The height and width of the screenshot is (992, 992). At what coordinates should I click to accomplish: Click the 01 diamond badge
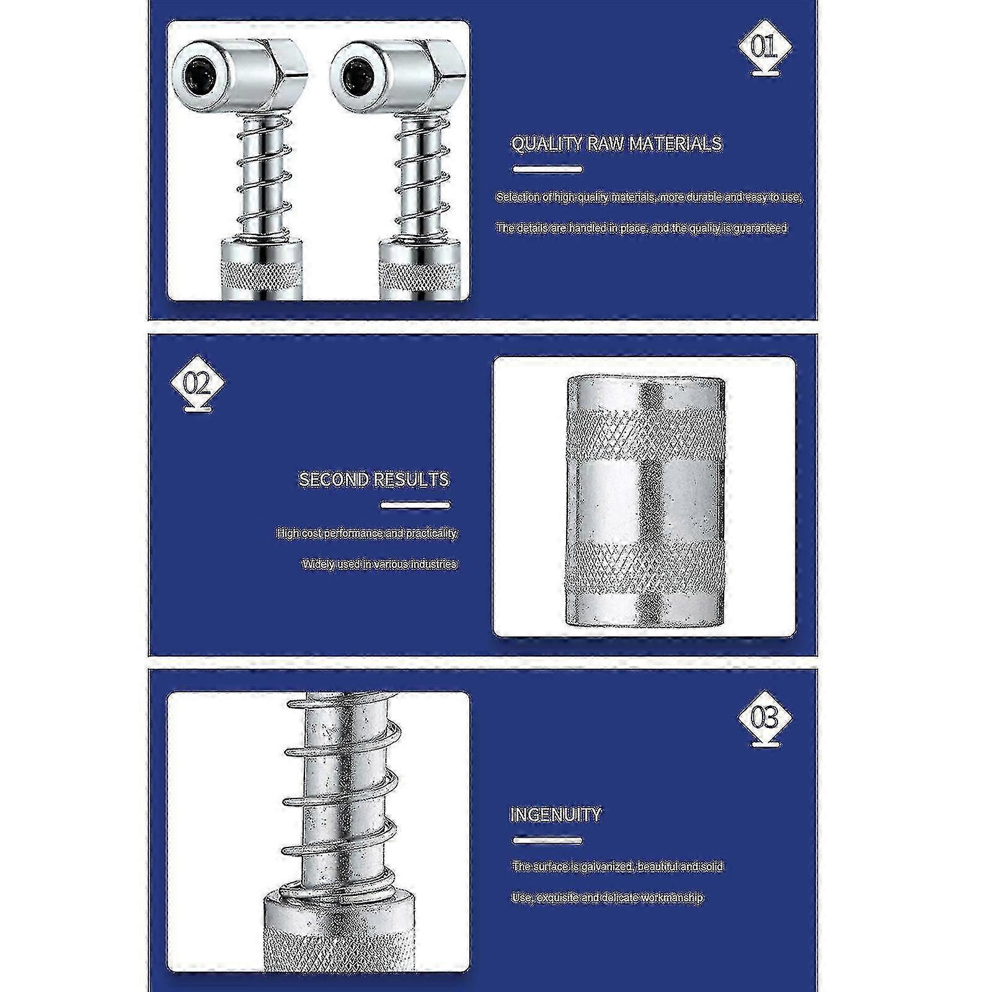tap(764, 47)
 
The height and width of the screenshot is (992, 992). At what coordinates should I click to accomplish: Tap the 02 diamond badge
tap(197, 383)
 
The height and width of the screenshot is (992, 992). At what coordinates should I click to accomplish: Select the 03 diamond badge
tap(764, 718)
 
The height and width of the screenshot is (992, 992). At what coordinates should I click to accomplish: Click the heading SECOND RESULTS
tap(374, 479)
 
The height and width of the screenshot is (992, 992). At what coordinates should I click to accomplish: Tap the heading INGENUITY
tap(556, 814)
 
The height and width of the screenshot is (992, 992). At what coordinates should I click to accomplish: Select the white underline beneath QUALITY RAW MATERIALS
tap(547, 169)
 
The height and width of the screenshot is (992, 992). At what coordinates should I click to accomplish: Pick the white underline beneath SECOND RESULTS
tap(415, 505)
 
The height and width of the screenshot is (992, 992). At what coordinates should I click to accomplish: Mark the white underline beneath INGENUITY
tap(547, 841)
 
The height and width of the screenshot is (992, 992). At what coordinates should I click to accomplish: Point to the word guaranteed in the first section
tap(759, 228)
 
